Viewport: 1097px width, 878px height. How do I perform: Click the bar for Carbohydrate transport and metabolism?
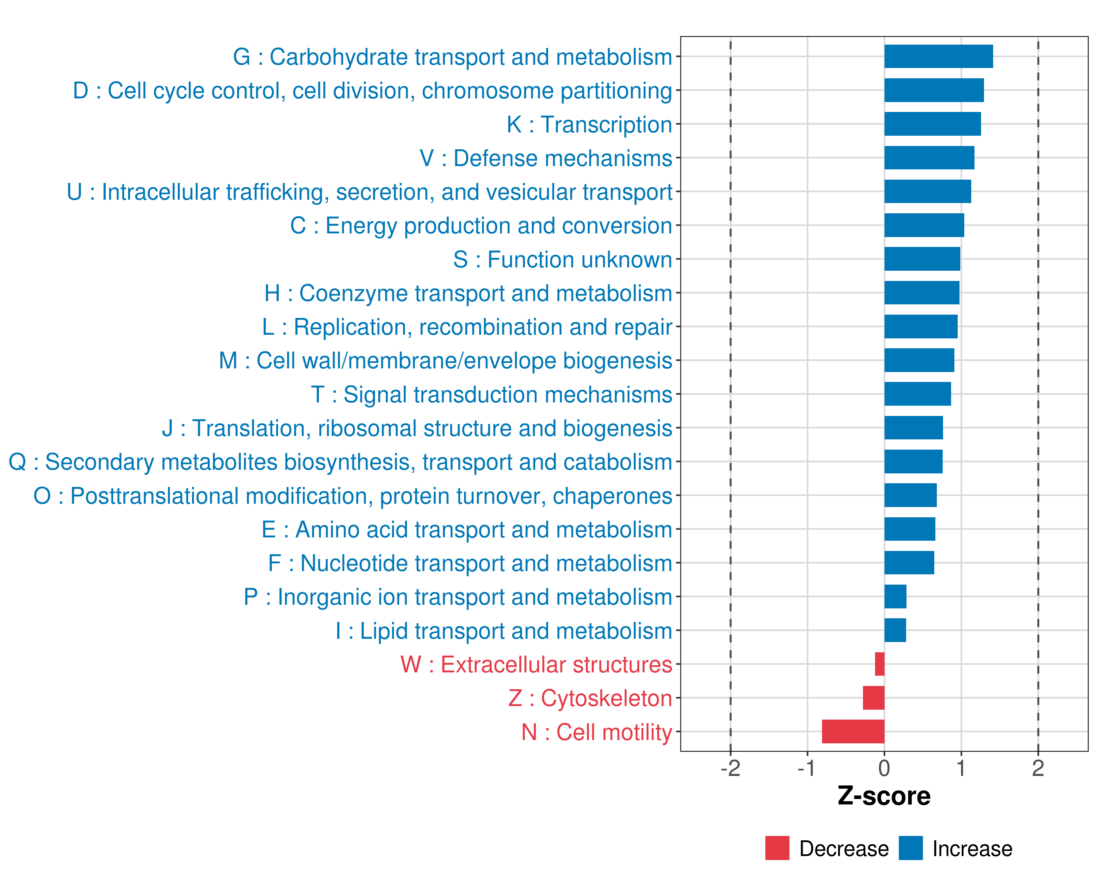[x=938, y=56]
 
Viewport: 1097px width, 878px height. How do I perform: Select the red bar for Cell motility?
[x=853, y=731]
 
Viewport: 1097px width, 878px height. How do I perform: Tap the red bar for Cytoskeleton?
[x=873, y=698]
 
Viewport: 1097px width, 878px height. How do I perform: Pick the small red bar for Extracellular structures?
[x=880, y=664]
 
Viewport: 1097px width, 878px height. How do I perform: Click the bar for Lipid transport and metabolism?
[x=895, y=630]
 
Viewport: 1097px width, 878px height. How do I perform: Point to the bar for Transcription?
[x=932, y=124]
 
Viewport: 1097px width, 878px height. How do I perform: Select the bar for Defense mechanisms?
[x=929, y=158]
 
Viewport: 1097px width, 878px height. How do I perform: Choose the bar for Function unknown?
[x=922, y=259]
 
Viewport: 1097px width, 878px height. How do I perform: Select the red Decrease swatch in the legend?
[x=777, y=848]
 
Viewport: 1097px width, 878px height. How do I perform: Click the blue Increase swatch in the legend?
[x=910, y=848]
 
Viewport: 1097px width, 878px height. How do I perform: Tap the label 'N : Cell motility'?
[x=596, y=732]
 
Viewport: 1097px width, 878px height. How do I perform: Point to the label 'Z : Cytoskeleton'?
[x=590, y=698]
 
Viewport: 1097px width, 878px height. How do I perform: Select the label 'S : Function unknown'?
[x=562, y=260]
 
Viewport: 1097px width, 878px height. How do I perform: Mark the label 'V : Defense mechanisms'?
[x=546, y=158]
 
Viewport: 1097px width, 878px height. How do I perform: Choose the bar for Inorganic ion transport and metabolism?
[x=895, y=597]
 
